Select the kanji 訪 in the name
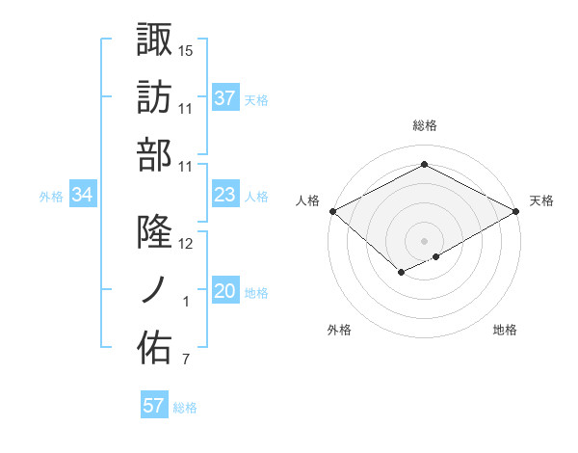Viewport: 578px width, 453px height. (154, 96)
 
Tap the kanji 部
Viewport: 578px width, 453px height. (154, 154)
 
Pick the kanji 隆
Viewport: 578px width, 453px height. (154, 232)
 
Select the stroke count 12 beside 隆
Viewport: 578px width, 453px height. (186, 244)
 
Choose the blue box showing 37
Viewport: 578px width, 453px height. (225, 97)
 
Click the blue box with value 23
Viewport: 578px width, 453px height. (225, 196)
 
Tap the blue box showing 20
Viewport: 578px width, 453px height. (225, 292)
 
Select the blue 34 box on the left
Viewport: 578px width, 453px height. (83, 196)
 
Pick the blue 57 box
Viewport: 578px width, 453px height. (154, 406)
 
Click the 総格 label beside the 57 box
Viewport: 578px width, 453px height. (185, 408)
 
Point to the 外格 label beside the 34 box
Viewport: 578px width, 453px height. (51, 197)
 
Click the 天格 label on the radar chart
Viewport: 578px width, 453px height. (542, 200)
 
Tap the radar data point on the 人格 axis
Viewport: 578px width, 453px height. (331, 211)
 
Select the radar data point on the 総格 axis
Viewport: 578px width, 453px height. (424, 165)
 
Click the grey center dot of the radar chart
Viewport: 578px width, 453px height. (424, 240)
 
